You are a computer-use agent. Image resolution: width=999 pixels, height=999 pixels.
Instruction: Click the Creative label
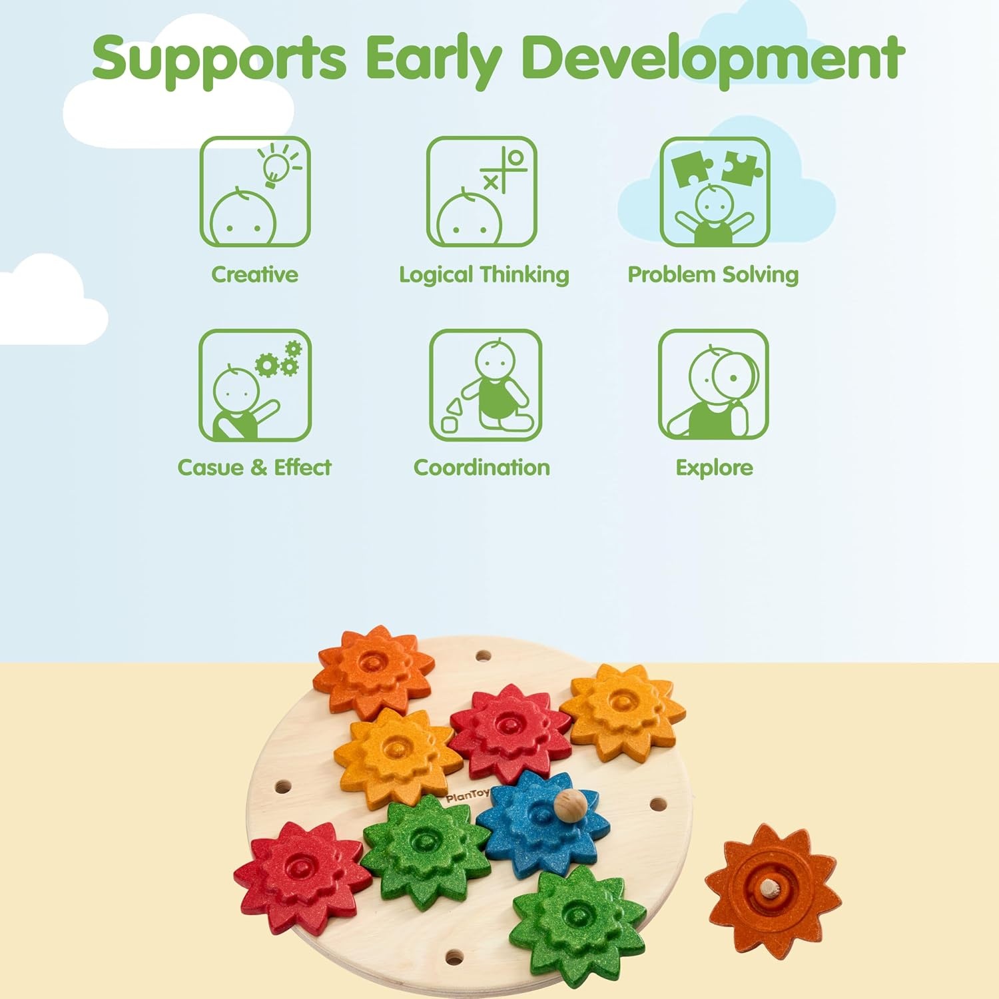(254, 274)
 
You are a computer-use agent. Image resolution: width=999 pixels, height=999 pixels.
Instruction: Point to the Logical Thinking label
(484, 274)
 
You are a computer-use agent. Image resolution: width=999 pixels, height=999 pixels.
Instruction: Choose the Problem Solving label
(713, 274)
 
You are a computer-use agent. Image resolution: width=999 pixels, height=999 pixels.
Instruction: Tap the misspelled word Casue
(210, 468)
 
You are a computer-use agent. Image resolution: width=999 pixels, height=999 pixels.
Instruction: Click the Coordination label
(482, 468)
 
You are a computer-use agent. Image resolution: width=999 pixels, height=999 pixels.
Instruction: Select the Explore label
(715, 468)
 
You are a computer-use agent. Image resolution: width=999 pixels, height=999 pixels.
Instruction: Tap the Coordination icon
(486, 385)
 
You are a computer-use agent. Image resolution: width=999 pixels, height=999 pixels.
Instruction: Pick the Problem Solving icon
(715, 192)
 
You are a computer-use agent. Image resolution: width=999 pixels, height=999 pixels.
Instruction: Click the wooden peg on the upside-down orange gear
(771, 888)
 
